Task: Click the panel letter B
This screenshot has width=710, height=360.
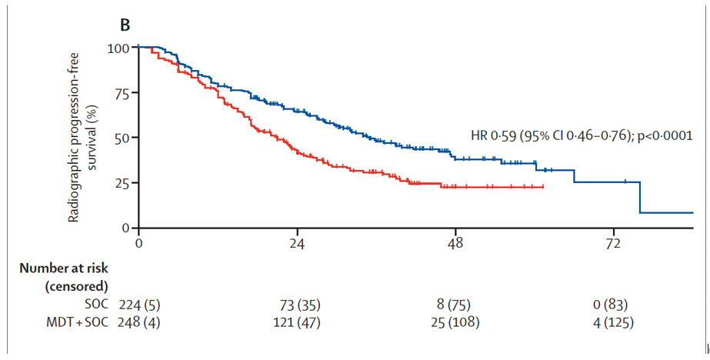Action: [x=125, y=25]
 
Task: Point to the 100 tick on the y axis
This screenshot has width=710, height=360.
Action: [x=118, y=48]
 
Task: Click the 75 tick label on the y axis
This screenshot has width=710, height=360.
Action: [x=122, y=93]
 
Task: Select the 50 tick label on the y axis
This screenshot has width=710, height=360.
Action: [x=122, y=138]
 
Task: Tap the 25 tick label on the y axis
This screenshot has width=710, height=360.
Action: [x=122, y=183]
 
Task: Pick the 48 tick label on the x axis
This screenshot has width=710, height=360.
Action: [x=455, y=245]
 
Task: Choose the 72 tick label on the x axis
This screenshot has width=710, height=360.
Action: [x=613, y=245]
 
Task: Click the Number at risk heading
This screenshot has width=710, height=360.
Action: [x=64, y=268]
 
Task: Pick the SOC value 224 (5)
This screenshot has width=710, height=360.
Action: [x=139, y=304]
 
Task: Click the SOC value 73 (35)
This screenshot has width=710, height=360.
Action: [x=298, y=304]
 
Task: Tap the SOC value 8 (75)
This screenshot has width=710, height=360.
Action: [x=455, y=304]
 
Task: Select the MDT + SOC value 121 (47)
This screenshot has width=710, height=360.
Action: [x=298, y=322]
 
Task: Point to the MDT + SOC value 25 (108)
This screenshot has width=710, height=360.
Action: [x=455, y=322]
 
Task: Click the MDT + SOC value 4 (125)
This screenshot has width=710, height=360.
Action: [x=613, y=322]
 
